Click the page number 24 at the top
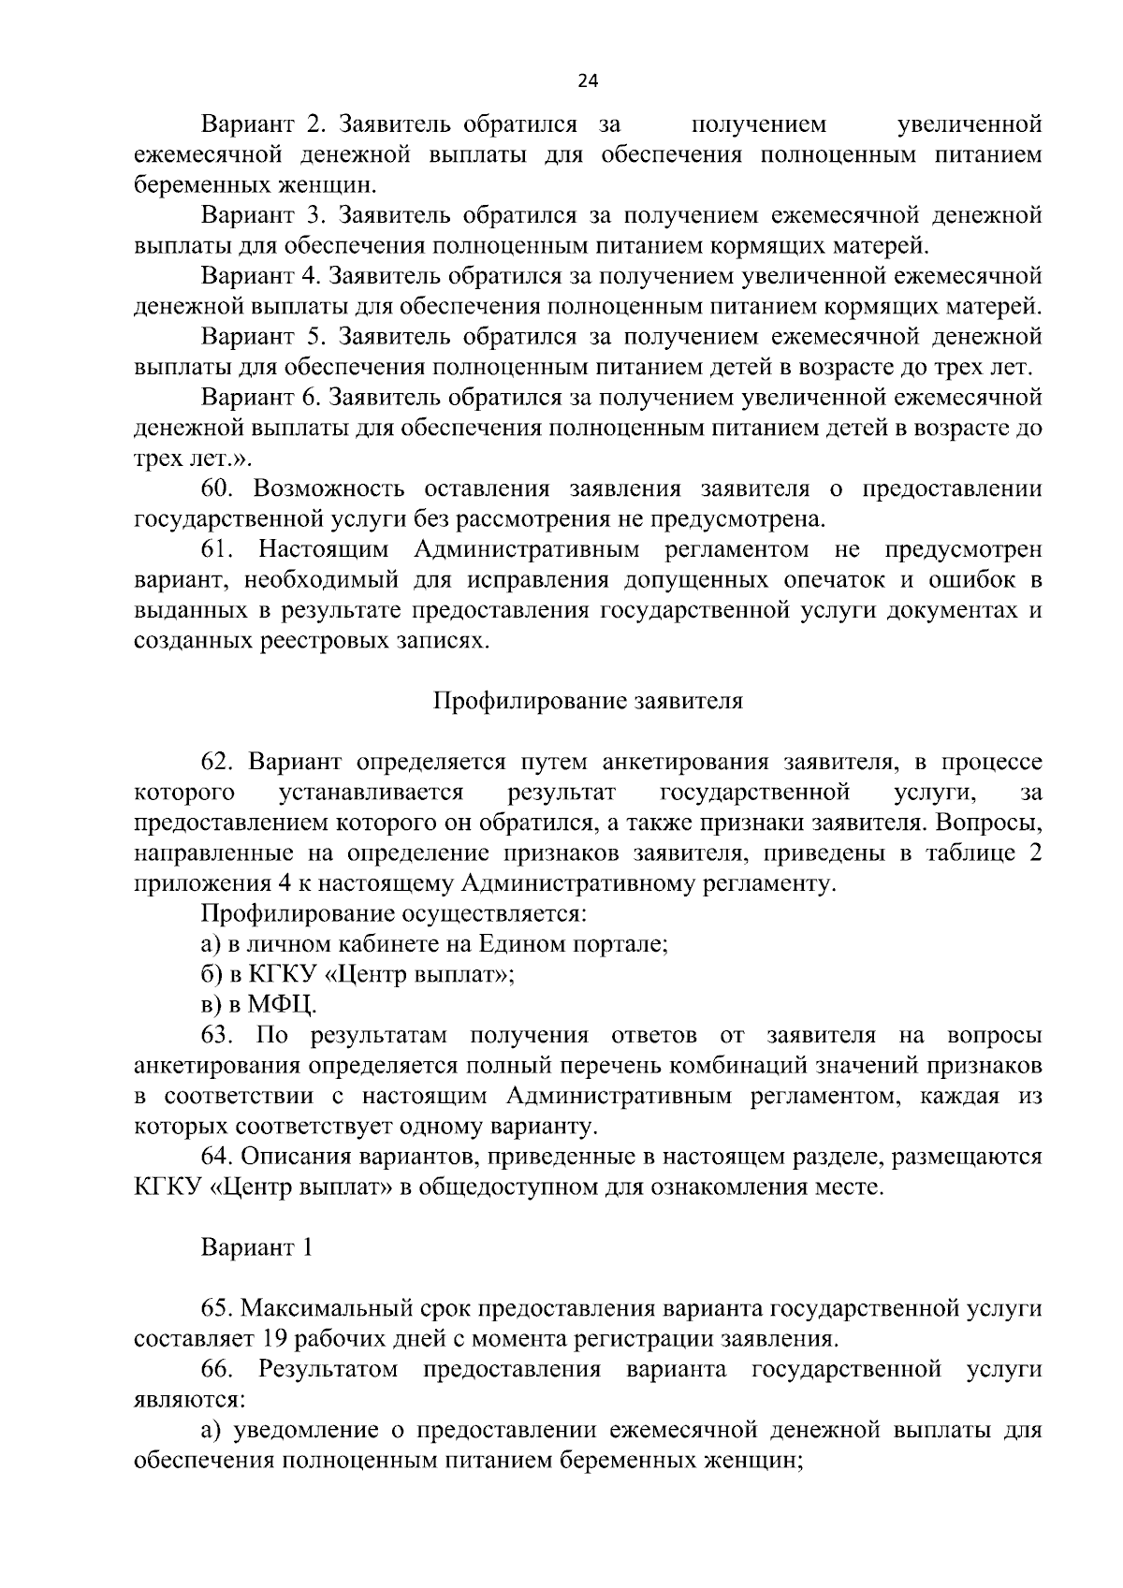588,80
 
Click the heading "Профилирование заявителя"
588,702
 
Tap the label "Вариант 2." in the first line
262,124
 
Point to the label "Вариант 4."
262,276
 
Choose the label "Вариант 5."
262,337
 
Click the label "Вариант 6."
262,398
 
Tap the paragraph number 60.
222,489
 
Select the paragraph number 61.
222,550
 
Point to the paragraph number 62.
222,763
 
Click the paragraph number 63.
222,1036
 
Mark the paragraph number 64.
222,1158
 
